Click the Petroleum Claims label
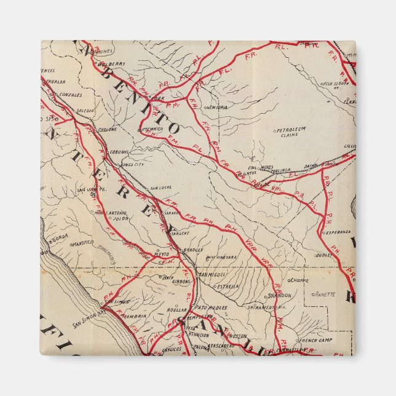291,133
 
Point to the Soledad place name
85,110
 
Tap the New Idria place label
223,107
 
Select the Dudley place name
323,254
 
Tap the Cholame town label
299,280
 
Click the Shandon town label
279,295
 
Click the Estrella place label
226,286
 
